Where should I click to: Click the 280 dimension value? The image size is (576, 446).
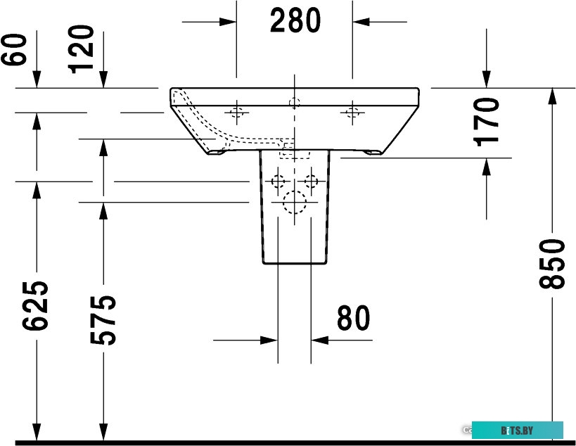point(295,21)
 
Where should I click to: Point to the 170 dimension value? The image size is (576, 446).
point(487,121)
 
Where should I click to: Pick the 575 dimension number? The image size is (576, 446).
point(103,320)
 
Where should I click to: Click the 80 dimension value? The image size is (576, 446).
point(353,319)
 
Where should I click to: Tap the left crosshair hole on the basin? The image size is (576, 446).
point(236,111)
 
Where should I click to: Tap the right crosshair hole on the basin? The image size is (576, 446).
point(352,111)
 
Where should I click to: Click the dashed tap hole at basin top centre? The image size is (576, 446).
point(294,102)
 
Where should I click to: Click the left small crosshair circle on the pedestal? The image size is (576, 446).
point(279,181)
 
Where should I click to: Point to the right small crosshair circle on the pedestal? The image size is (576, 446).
point(311,181)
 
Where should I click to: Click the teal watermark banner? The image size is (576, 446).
point(517,429)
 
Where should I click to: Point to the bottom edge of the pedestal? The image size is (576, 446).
point(295,264)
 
